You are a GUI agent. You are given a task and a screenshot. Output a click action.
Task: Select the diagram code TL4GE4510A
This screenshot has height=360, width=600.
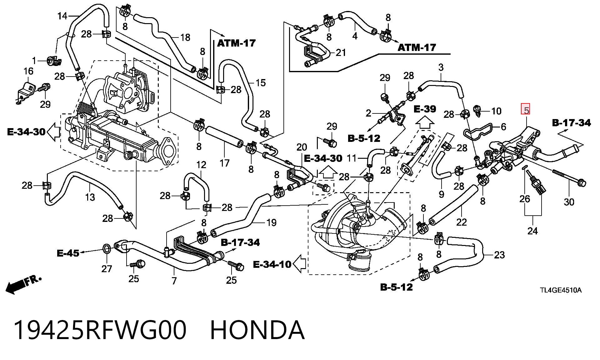561,290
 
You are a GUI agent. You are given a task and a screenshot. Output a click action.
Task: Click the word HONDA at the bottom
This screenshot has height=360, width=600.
257,330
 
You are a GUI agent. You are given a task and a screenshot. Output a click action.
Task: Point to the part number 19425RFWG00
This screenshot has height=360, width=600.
100,330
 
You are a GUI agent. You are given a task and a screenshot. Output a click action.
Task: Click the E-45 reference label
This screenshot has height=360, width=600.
68,253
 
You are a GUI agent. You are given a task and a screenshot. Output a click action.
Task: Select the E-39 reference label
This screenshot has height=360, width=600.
425,109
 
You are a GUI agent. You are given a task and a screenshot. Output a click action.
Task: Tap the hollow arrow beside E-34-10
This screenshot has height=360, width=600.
300,264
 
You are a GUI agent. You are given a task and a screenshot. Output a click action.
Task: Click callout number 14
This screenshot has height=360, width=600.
62,16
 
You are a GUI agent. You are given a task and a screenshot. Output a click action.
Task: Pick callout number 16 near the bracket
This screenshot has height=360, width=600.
28,71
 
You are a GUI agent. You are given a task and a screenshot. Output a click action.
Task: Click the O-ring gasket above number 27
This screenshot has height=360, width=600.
107,249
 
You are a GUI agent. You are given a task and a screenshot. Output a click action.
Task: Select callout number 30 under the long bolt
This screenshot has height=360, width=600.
569,202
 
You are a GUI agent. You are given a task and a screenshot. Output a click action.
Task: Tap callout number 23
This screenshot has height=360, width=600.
499,255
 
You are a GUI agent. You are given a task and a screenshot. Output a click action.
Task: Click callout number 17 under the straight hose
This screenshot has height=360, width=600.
224,163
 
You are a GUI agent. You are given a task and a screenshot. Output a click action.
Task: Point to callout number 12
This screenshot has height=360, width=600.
201,165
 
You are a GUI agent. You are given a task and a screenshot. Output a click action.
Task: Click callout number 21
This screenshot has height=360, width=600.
341,52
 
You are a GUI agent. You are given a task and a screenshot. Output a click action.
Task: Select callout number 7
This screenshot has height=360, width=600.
174,281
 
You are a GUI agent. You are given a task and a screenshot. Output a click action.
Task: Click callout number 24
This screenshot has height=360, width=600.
532,231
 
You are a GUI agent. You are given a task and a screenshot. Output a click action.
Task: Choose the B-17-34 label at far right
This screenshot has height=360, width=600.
572,123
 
